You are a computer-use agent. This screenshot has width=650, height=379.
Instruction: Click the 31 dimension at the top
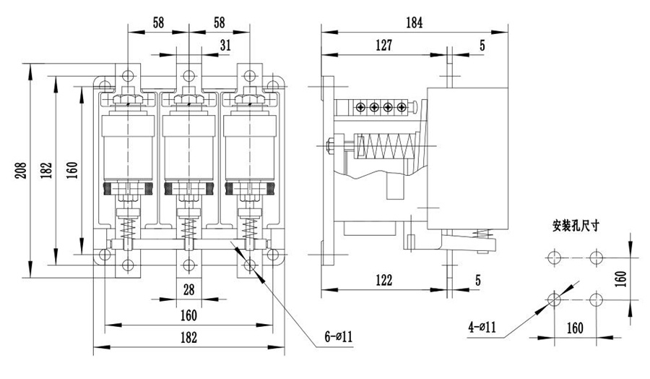[225, 45]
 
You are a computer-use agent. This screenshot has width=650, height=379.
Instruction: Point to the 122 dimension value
[383, 280]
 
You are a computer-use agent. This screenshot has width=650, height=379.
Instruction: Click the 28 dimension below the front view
[188, 291]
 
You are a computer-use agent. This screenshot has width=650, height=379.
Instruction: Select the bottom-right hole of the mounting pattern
[597, 299]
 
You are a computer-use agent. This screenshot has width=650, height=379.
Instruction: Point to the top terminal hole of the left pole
[128, 75]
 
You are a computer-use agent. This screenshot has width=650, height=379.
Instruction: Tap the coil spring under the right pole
[250, 234]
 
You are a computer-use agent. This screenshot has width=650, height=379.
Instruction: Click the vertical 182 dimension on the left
[46, 171]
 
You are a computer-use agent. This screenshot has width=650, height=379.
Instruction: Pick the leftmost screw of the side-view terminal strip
[361, 108]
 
